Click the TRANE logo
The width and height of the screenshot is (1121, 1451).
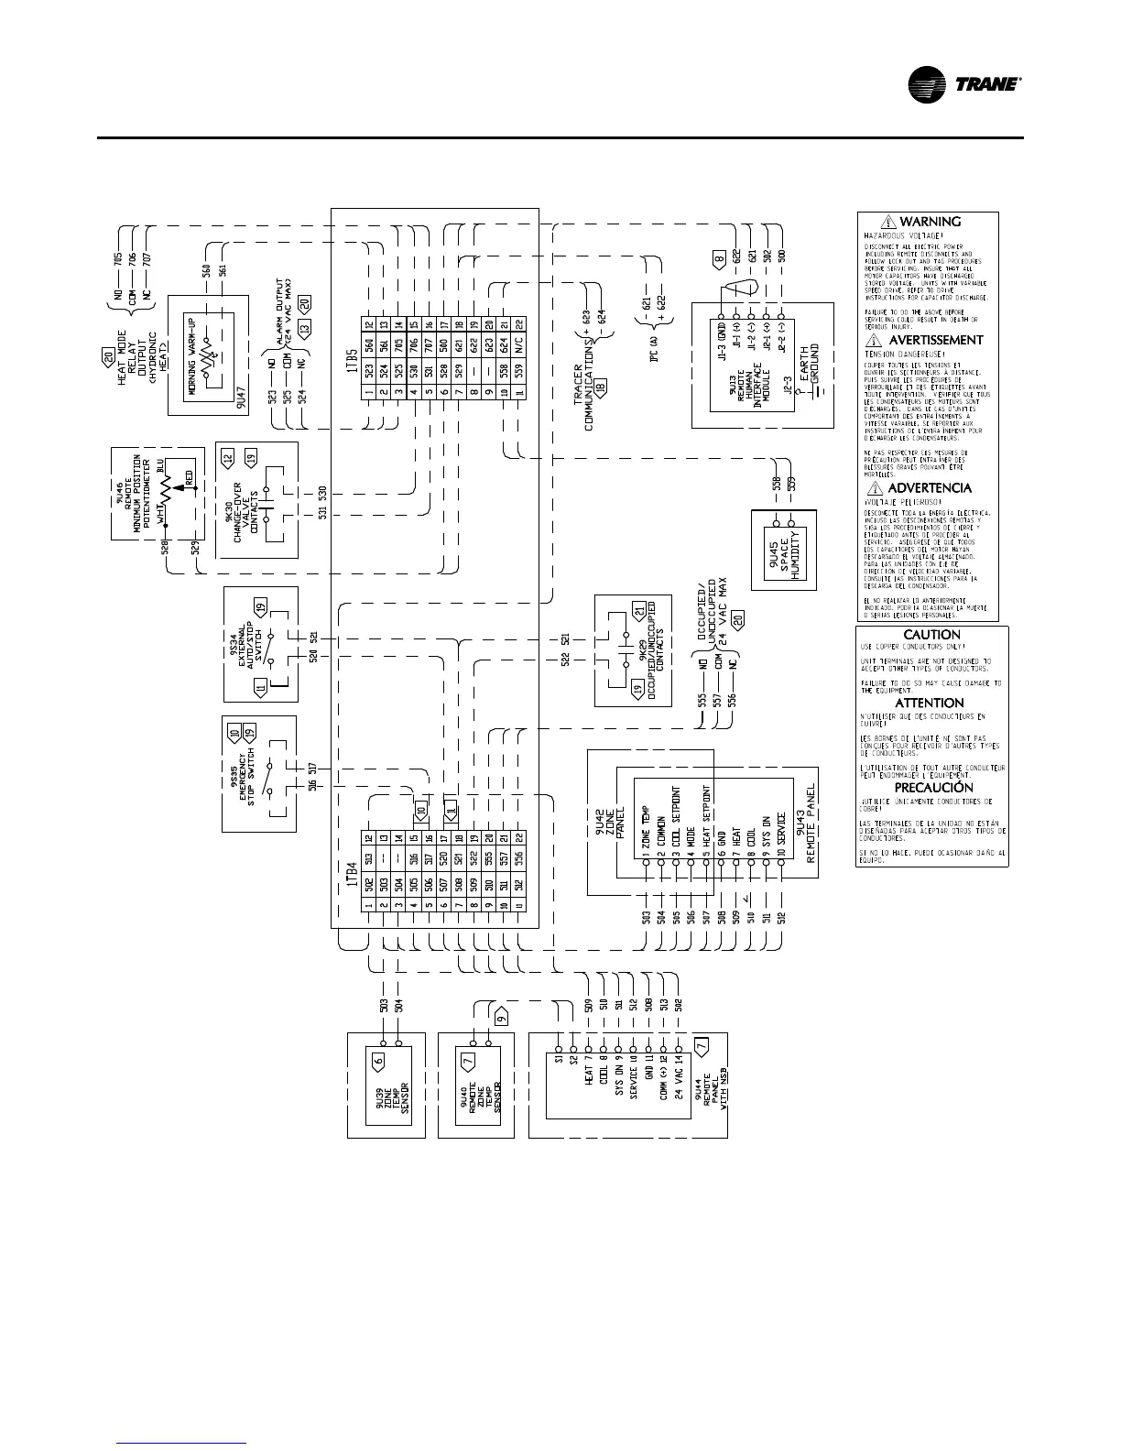964,84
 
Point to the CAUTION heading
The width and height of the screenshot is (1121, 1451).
931,635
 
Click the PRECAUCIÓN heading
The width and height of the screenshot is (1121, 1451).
933,788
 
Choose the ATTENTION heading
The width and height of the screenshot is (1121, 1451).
930,703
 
